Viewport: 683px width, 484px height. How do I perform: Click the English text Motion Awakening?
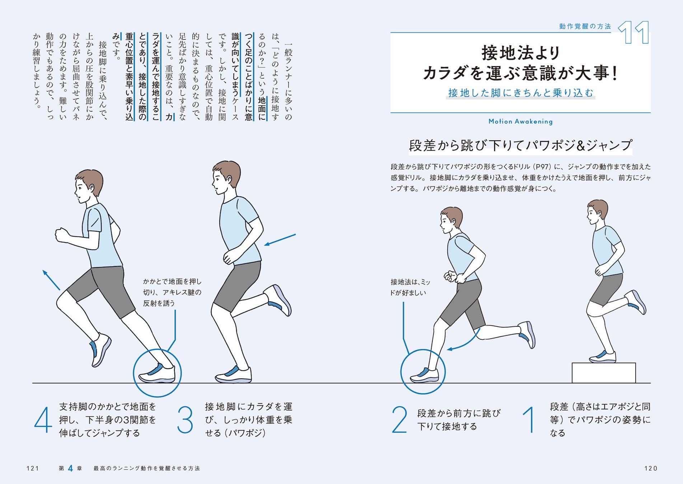(x=520, y=122)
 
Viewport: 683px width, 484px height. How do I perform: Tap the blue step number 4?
(x=43, y=419)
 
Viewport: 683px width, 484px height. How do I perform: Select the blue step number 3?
(x=185, y=419)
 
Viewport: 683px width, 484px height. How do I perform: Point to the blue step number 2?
(x=399, y=419)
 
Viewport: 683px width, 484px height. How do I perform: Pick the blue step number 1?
(x=529, y=419)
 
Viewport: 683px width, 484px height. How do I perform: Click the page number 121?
(x=33, y=468)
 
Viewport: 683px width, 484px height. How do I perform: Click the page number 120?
(x=651, y=468)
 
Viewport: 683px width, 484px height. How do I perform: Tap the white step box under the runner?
(x=604, y=373)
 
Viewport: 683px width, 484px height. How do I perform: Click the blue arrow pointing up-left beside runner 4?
(x=51, y=280)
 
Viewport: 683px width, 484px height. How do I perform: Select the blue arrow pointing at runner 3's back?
(x=280, y=240)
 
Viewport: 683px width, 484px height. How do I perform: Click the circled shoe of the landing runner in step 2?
(x=424, y=375)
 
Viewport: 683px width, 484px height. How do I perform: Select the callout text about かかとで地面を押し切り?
(x=172, y=293)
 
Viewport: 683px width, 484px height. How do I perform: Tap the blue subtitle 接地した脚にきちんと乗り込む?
(x=520, y=93)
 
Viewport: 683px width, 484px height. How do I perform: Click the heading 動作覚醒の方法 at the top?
(x=585, y=26)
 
